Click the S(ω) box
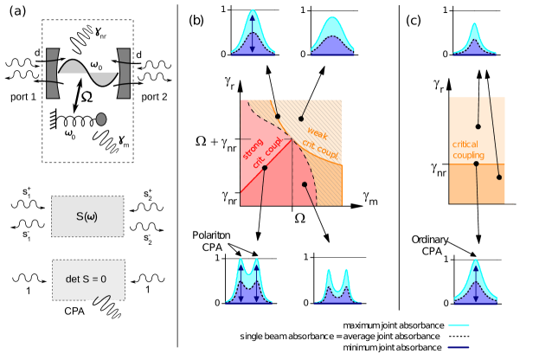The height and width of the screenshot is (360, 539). [x=87, y=216]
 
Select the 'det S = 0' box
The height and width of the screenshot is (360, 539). [x=87, y=280]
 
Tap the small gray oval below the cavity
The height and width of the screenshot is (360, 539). [x=101, y=119]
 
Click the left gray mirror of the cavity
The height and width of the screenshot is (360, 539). [x=52, y=73]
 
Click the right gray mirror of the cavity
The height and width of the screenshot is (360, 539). [x=124, y=73]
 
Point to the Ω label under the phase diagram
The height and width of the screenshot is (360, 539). [x=299, y=218]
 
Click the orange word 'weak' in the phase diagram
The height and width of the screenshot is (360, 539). [x=317, y=133]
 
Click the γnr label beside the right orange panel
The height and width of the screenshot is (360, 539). [x=439, y=170]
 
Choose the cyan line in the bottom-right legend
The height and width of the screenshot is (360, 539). [x=459, y=325]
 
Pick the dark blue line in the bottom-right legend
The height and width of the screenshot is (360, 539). [x=459, y=347]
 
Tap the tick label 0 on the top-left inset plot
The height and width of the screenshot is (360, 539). [x=223, y=54]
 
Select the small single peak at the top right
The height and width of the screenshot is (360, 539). [x=475, y=40]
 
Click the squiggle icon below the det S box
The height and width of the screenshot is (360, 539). [x=103, y=303]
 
